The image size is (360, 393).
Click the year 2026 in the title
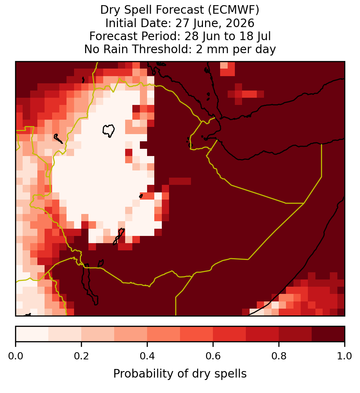(240, 23)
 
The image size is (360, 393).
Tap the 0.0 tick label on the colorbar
(15, 356)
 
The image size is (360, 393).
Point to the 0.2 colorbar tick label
(81, 356)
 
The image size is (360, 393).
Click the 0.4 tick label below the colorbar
(147, 356)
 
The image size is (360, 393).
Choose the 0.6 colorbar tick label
(213, 356)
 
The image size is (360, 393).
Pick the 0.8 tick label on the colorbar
(279, 356)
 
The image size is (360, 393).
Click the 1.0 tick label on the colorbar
(345, 356)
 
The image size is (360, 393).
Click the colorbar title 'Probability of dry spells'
(180, 374)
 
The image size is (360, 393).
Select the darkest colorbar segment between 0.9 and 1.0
(328, 334)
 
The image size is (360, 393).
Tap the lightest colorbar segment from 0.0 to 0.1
(32, 334)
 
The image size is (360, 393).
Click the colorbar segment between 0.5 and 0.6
(196, 334)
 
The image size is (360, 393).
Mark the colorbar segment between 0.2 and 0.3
(98, 334)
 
